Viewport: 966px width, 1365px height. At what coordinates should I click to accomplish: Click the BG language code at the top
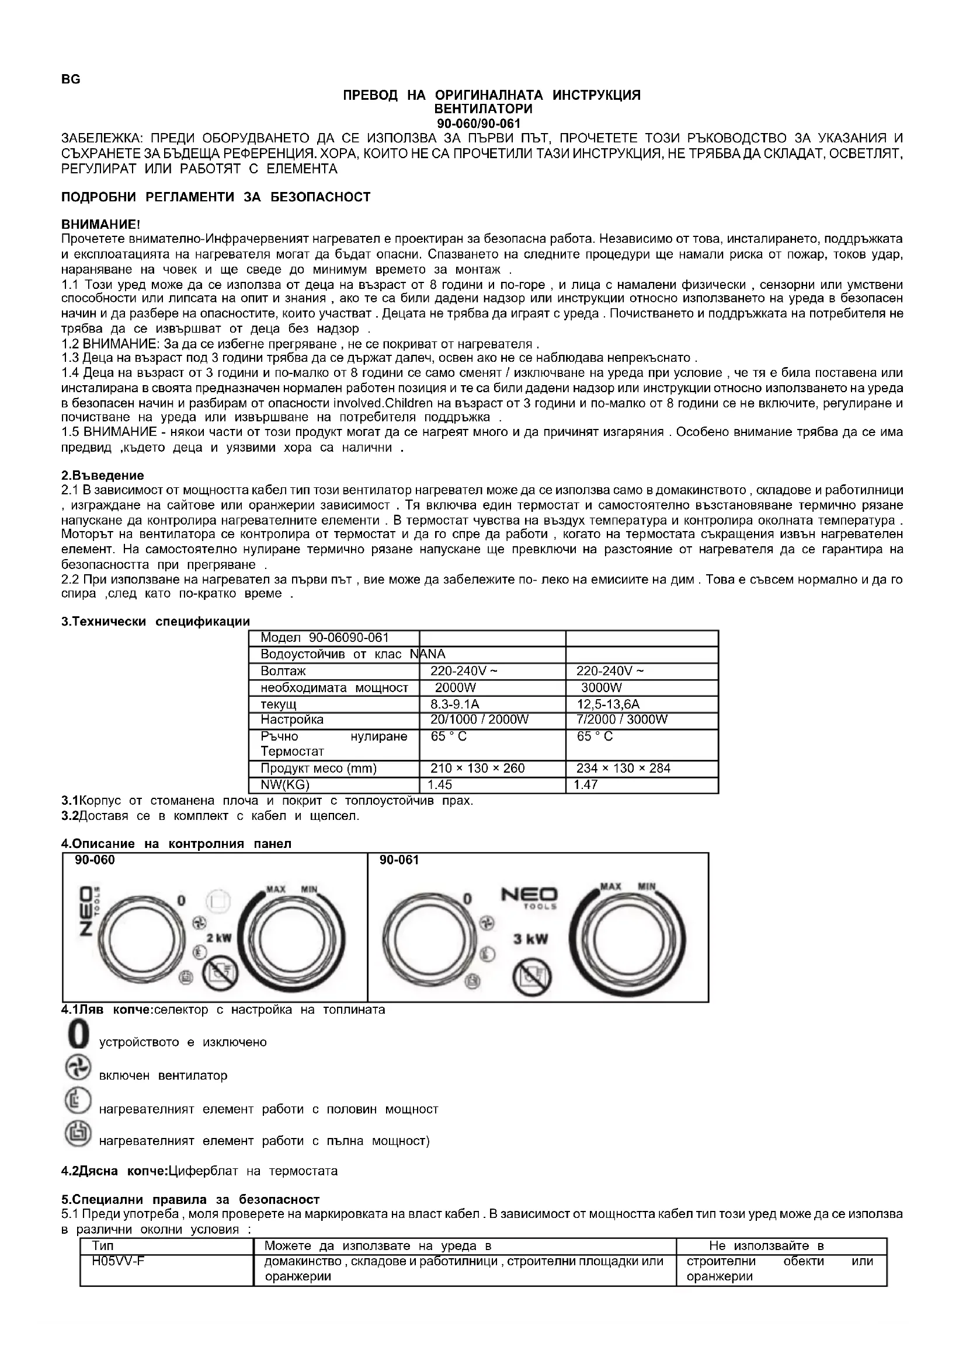[70, 79]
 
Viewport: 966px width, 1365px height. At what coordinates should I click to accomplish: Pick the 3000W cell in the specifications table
[602, 688]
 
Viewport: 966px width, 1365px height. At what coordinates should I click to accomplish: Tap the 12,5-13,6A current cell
[608, 704]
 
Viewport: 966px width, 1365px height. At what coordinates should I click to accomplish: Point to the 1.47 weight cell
[586, 785]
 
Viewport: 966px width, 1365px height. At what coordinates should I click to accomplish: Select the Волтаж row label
[283, 671]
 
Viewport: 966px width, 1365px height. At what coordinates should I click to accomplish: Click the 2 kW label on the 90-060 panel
[219, 939]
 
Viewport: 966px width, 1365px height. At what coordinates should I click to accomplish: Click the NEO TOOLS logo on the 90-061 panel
[529, 898]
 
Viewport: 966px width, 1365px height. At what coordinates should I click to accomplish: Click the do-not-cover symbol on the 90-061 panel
[533, 977]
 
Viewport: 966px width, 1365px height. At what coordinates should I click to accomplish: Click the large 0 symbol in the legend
[77, 1035]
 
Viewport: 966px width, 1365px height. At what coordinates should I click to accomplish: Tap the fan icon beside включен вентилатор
[77, 1068]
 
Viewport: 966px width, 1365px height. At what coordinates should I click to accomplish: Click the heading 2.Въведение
[103, 476]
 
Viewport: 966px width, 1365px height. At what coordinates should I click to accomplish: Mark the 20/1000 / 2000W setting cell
[479, 720]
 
